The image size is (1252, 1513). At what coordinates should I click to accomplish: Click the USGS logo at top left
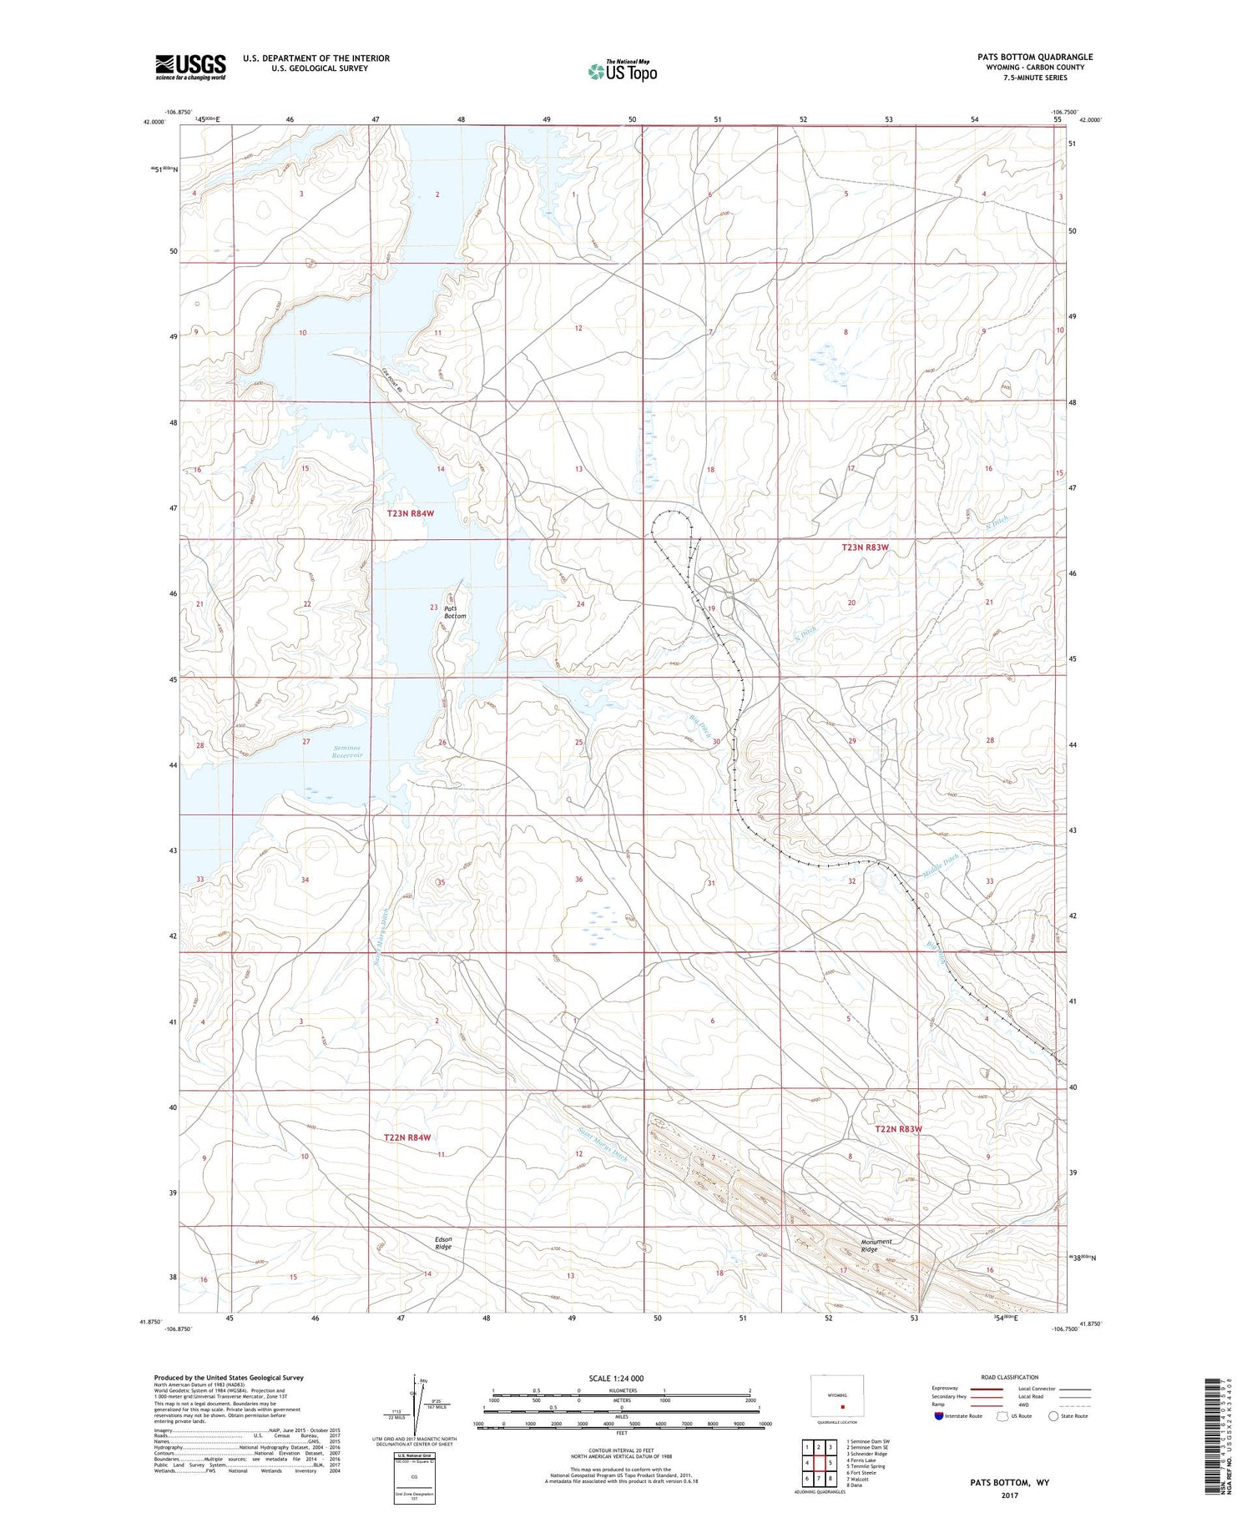(190, 67)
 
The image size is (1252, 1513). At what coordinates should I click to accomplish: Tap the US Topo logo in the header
(622, 71)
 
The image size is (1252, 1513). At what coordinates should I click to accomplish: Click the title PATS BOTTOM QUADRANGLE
(1035, 57)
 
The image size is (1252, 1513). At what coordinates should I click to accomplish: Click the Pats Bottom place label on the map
(455, 612)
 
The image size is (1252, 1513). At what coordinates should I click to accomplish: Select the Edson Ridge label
(443, 1243)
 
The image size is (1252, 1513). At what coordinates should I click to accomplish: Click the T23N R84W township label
(411, 514)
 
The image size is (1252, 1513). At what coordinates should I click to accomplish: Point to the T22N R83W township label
(899, 1129)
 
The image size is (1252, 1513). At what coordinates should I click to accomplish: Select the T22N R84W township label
(407, 1137)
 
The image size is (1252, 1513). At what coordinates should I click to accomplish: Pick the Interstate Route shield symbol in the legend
(938, 1416)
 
